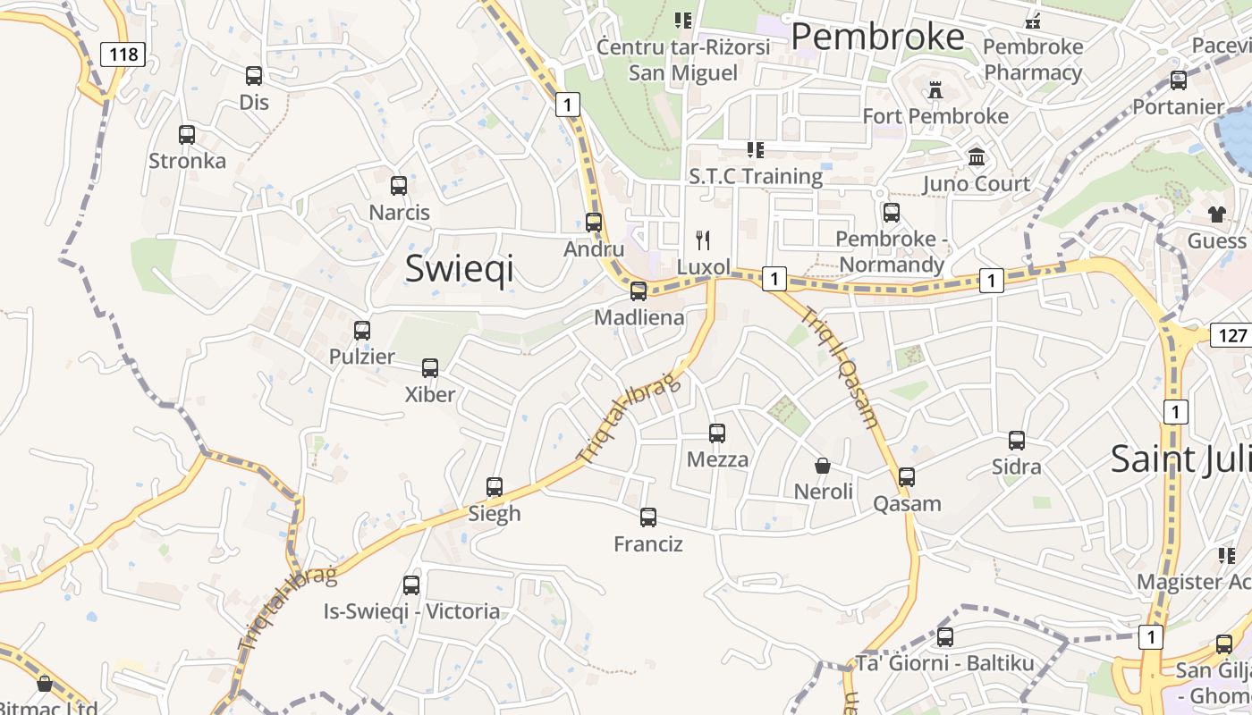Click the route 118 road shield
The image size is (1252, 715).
pyautogui.click(x=123, y=55)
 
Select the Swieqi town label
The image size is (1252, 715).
pyautogui.click(x=460, y=268)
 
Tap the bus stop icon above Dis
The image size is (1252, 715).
pyautogui.click(x=254, y=76)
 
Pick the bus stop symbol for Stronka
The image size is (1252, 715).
pyautogui.click(x=187, y=135)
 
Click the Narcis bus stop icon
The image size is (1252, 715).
pyautogui.click(x=399, y=186)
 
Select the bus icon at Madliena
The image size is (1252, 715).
pyautogui.click(x=639, y=290)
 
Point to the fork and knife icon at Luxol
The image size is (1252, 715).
pyautogui.click(x=703, y=240)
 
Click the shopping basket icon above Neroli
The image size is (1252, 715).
pyautogui.click(x=823, y=466)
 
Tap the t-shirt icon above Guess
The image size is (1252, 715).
pyautogui.click(x=1217, y=214)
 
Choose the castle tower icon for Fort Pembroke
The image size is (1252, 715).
pyautogui.click(x=935, y=89)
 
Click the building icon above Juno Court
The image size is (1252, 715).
pyautogui.click(x=977, y=157)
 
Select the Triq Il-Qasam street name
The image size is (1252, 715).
pyautogui.click(x=840, y=367)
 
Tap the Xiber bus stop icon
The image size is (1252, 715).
pyautogui.click(x=430, y=367)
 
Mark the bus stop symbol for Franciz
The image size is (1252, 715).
pyautogui.click(x=648, y=517)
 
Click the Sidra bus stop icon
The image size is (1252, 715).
pyautogui.click(x=1017, y=440)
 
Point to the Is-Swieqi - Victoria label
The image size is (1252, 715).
pyautogui.click(x=411, y=612)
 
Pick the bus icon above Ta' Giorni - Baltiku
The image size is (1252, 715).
pyautogui.click(x=945, y=637)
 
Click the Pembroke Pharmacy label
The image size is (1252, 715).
pyautogui.click(x=1033, y=60)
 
